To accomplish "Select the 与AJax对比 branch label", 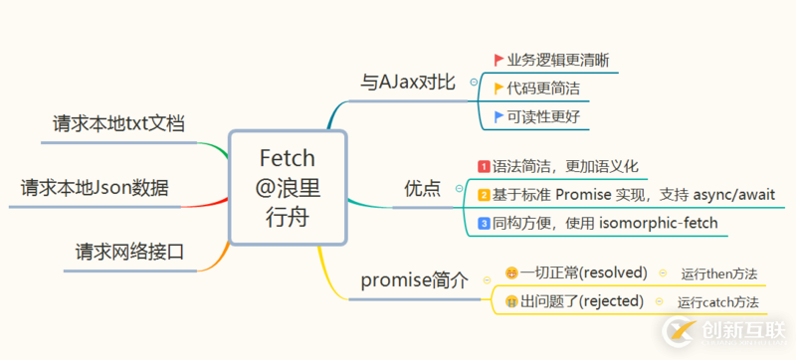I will [x=407, y=83].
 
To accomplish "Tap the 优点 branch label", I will [x=422, y=187].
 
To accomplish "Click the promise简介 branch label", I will [x=414, y=280].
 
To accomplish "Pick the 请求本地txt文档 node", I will [x=119, y=124].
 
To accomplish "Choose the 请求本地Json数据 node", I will [x=95, y=187].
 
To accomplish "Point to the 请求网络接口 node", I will [x=130, y=251].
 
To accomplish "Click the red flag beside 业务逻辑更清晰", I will [x=498, y=60].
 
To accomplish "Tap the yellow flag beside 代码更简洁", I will [x=498, y=89].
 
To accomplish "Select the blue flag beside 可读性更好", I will [x=498, y=117].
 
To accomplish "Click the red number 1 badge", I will [x=484, y=166].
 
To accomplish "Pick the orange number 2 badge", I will [x=484, y=195].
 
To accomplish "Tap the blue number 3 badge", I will [x=484, y=223].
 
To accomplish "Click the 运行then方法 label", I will [x=718, y=272].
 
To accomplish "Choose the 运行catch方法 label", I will [x=717, y=301].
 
